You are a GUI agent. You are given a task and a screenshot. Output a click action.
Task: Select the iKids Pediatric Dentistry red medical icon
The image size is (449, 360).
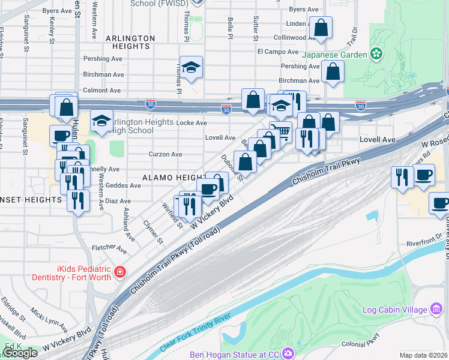[120, 272]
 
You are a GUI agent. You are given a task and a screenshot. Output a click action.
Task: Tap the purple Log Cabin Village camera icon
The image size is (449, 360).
[436, 310]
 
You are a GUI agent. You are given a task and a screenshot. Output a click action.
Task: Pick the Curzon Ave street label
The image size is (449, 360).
[166, 154]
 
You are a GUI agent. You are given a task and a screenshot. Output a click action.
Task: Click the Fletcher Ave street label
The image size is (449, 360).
[109, 248]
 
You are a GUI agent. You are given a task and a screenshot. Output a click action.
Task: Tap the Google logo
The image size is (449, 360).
[20, 353]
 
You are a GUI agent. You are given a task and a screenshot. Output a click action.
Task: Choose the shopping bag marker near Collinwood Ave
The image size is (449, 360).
[321, 28]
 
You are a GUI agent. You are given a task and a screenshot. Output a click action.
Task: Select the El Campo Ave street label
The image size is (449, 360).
[278, 52]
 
